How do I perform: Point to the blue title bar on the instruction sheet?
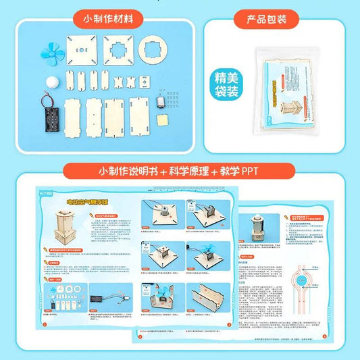click(x=88, y=201)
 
